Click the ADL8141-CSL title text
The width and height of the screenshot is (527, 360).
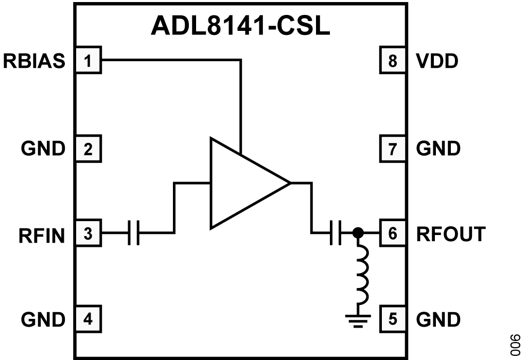pos(240,26)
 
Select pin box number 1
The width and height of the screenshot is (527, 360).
pos(88,60)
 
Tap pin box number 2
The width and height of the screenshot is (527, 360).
pos(88,149)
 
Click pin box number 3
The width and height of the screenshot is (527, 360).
pos(88,233)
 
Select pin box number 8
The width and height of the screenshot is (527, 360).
pos(393,60)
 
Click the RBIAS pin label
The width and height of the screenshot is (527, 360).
pos(34,61)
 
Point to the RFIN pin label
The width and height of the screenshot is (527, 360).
pos(42,235)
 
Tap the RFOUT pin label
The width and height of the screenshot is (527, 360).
pos(451,233)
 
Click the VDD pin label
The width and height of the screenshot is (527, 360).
pos(437,61)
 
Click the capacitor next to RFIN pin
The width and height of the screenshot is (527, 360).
pos(133,232)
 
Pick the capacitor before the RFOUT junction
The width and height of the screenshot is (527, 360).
pos(336,232)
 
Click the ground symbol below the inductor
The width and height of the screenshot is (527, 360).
pos(358,320)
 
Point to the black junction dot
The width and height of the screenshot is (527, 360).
pos(358,232)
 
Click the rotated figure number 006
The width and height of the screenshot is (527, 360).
pos(515,345)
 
